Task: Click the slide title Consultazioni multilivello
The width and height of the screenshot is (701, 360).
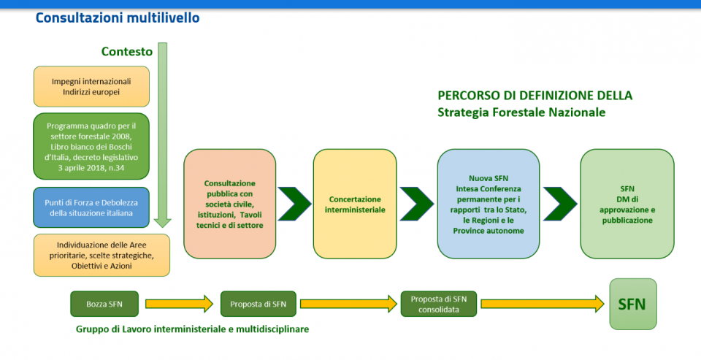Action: pos(117,18)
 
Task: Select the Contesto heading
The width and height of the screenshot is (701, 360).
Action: pos(127,51)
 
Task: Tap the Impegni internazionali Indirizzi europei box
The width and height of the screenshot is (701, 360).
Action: pos(91,86)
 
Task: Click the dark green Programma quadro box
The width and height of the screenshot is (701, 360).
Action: pos(91,146)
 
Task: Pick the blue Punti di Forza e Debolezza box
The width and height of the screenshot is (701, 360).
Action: pos(91,207)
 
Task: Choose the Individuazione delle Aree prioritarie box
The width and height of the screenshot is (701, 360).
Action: pos(101,255)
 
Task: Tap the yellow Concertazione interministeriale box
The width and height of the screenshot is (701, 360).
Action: pos(355,204)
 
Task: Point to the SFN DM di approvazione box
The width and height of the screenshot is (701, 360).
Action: pos(627,204)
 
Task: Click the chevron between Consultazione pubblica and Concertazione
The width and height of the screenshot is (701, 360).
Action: pos(294,204)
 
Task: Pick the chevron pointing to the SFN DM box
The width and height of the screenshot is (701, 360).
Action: pos(560,204)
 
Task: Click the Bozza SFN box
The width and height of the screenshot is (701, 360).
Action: pos(105,304)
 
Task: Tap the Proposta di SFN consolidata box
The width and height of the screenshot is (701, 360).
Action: pos(438,304)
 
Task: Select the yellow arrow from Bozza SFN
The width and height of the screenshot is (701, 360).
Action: pos(179,304)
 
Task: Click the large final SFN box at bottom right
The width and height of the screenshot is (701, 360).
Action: pos(632,304)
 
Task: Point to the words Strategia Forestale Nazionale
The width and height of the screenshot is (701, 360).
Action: pos(521,112)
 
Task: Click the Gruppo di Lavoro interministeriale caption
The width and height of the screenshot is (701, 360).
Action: pos(192,329)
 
